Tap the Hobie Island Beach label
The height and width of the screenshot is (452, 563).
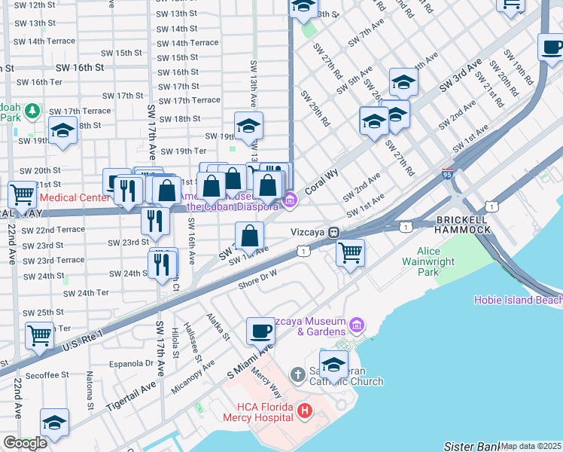click(x=518, y=300)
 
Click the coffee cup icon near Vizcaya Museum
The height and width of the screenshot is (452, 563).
click(x=261, y=331)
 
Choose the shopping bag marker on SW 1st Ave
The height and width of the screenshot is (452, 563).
click(x=249, y=236)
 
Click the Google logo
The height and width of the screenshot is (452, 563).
click(x=25, y=443)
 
